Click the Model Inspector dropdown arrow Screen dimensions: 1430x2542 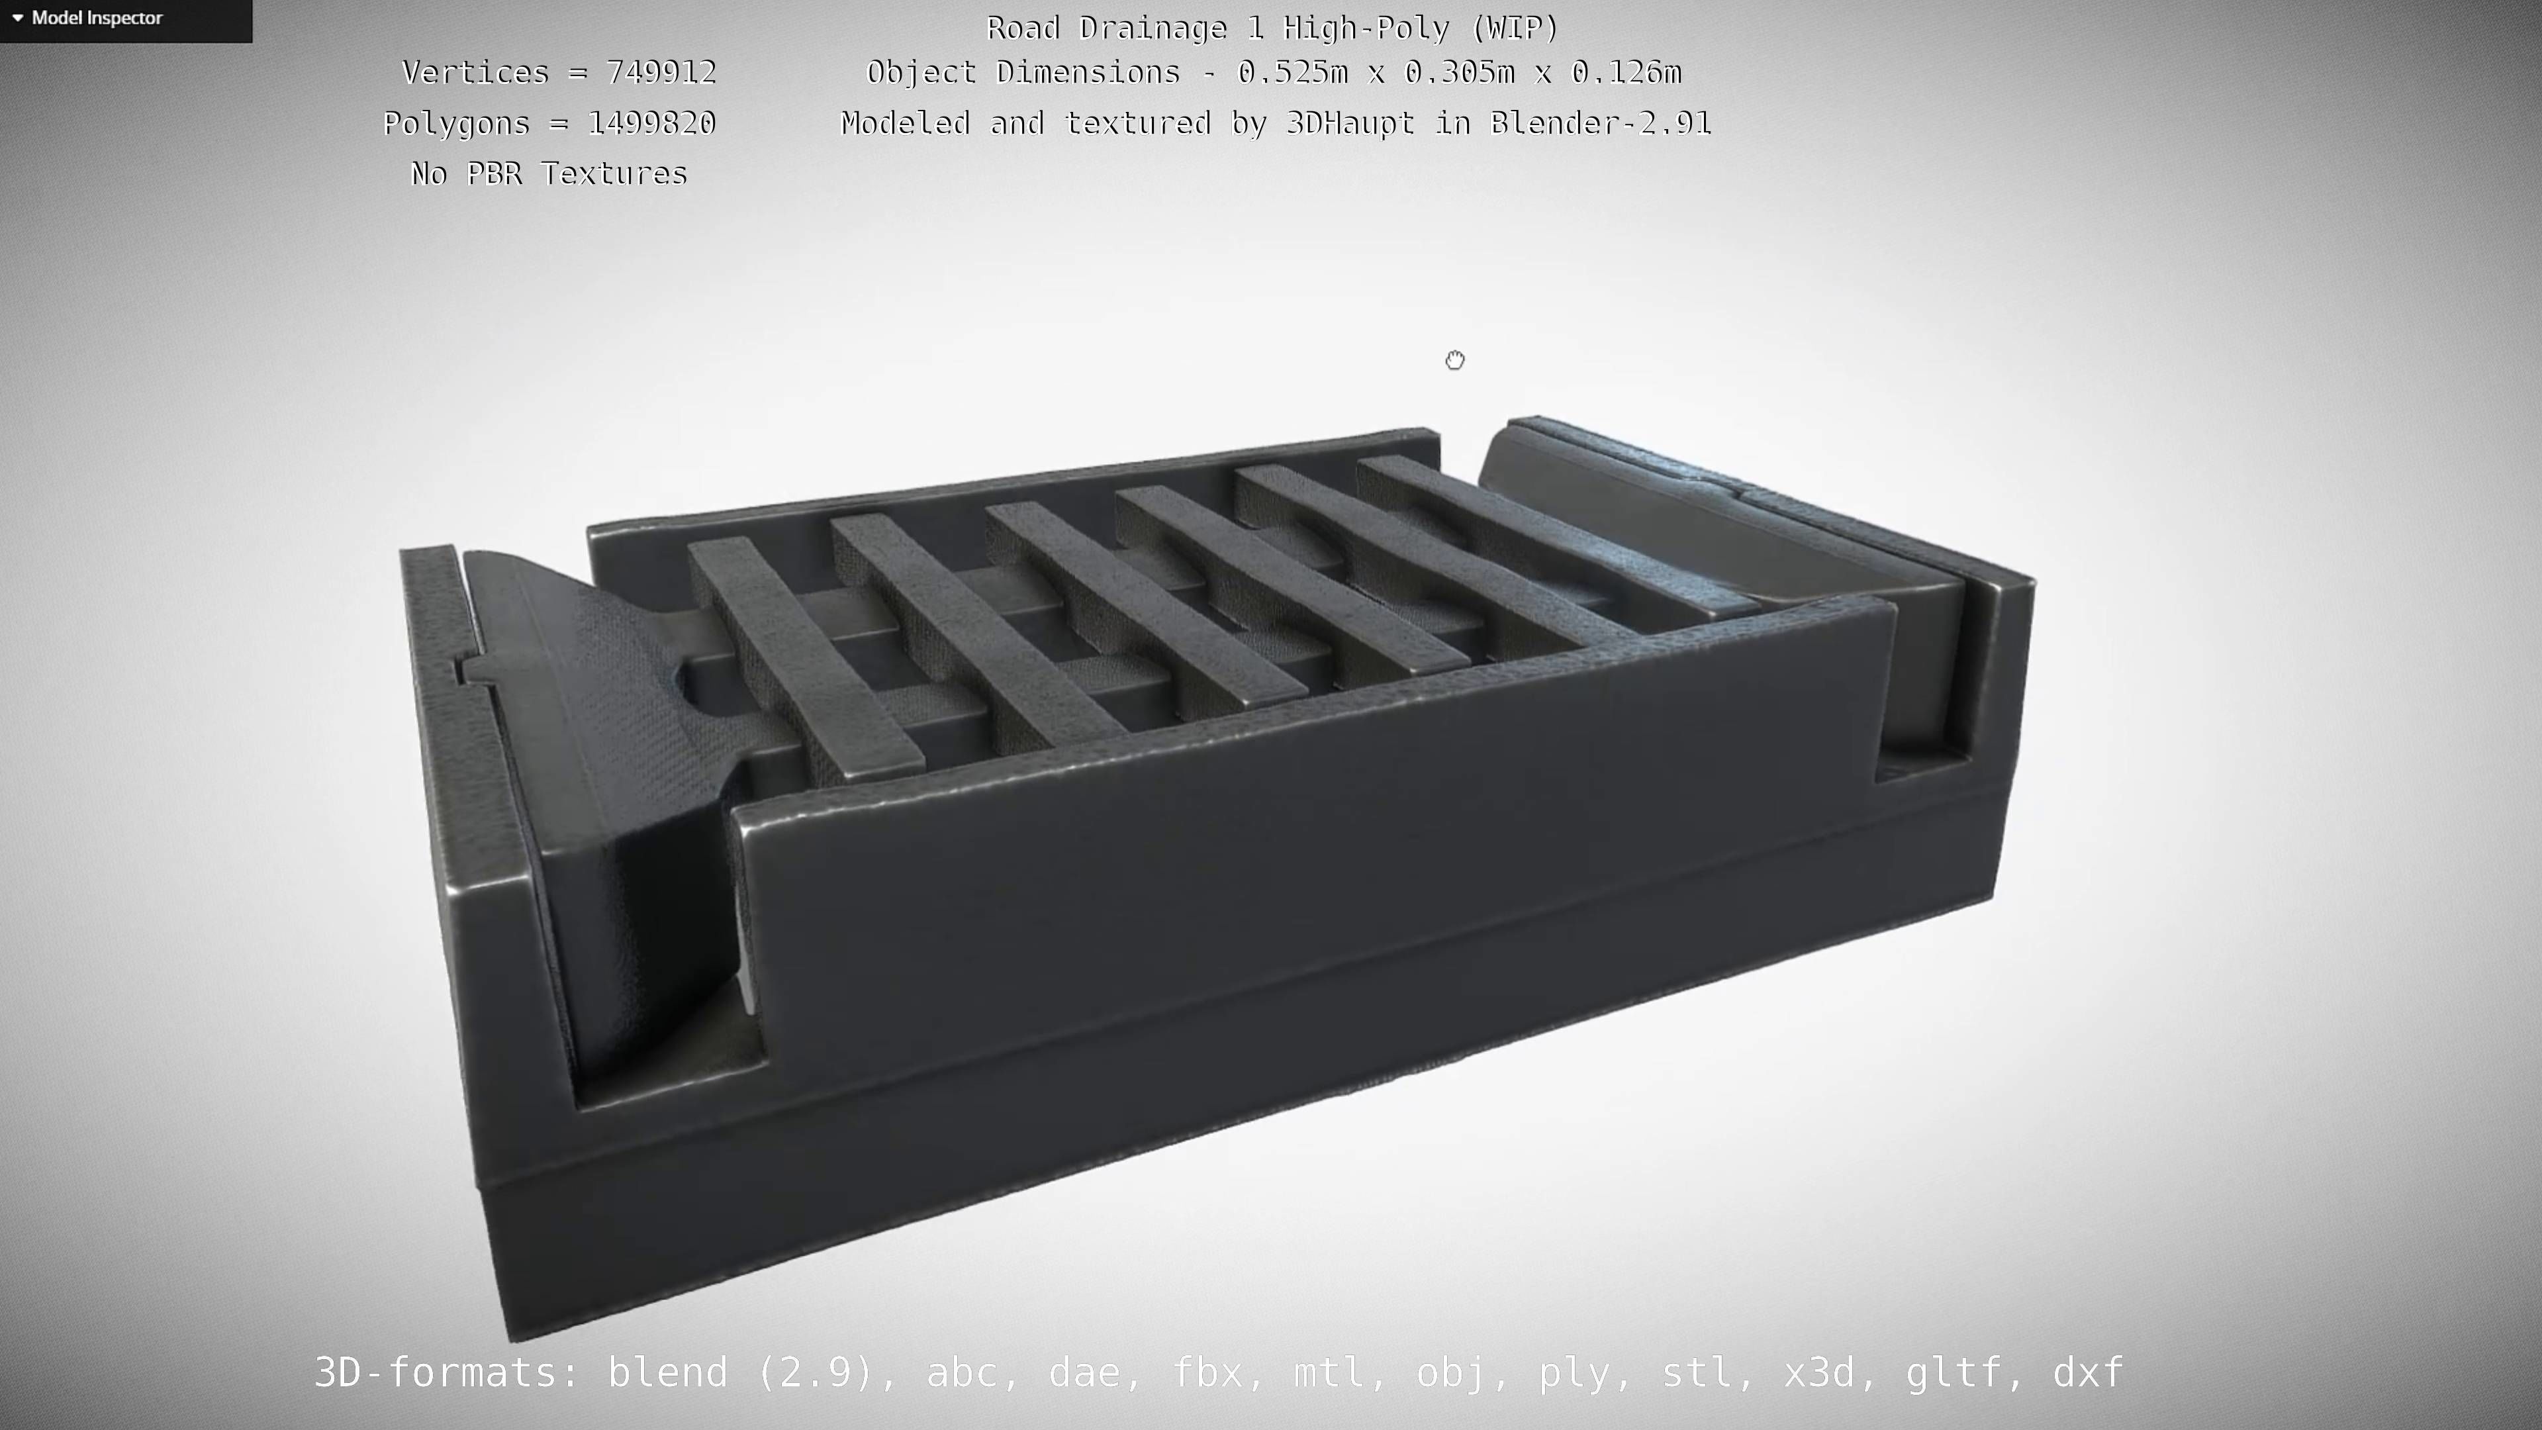coord(18,18)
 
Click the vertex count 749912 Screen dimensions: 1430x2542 coord(661,73)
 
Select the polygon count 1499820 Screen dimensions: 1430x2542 coord(651,123)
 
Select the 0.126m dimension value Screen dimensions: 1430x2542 coord(1626,73)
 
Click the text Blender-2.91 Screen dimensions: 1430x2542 coord(1601,123)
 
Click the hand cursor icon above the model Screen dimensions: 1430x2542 coord(1454,360)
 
